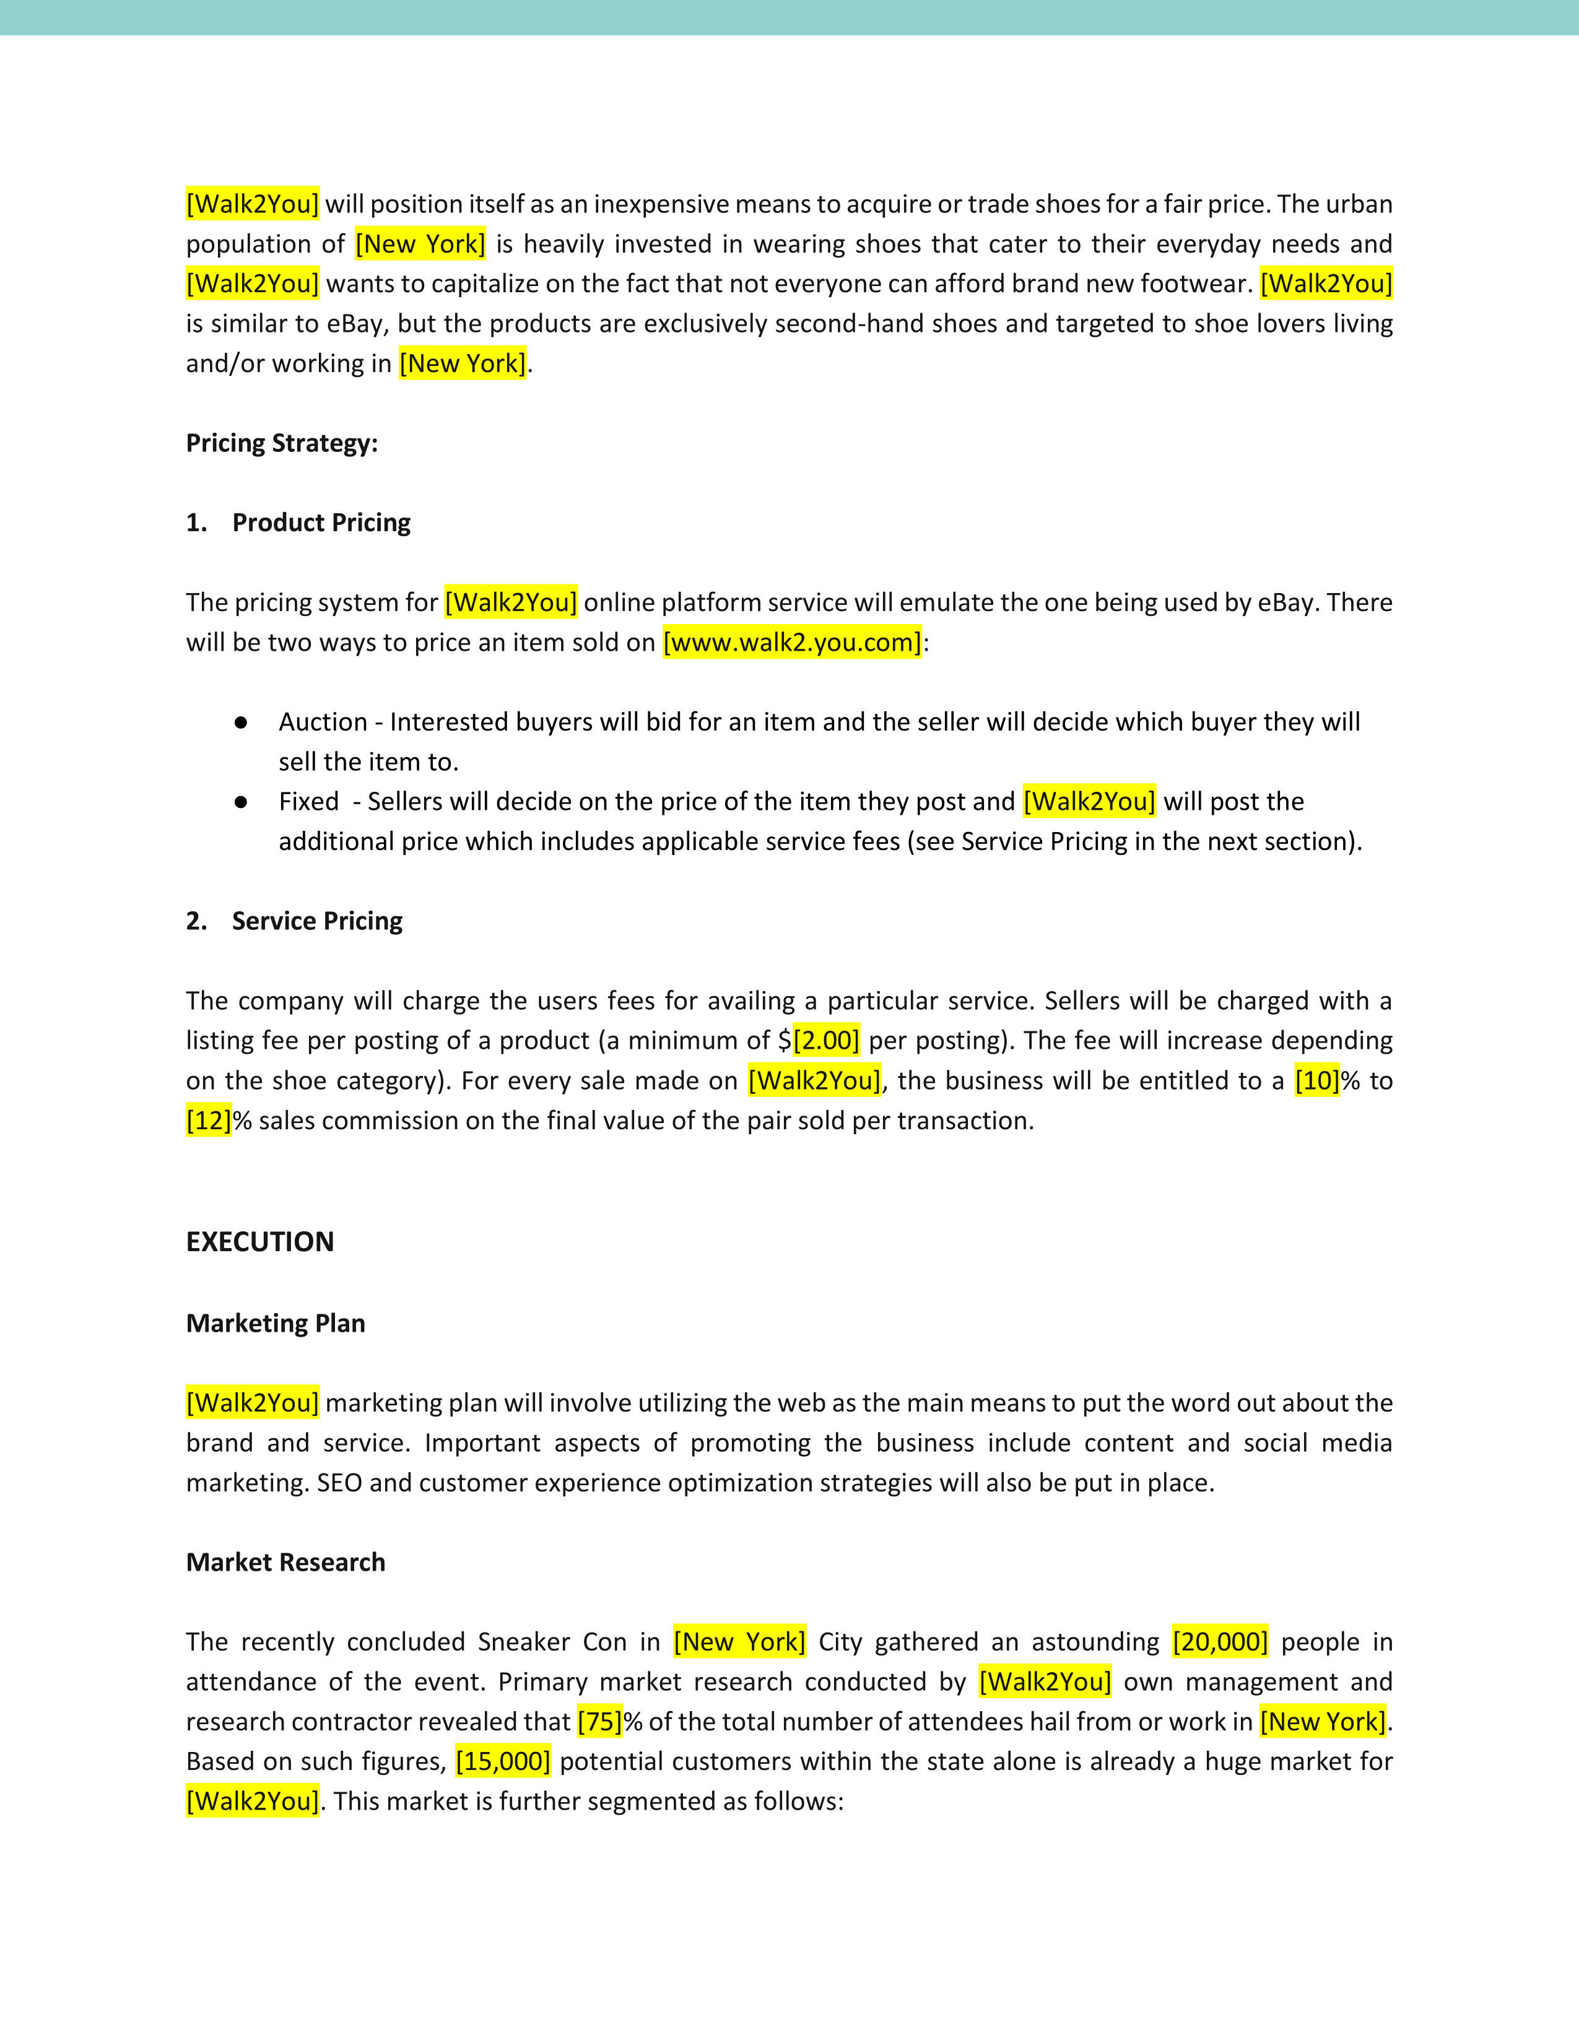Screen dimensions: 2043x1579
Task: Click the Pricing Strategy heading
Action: [x=282, y=443]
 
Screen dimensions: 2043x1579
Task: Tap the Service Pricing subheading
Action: [x=317, y=921]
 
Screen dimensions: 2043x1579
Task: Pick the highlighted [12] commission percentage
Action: [x=209, y=1121]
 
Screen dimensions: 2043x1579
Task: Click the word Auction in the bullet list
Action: [x=323, y=722]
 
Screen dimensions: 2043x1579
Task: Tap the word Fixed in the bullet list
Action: [x=309, y=802]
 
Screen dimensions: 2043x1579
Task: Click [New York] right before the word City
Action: [x=739, y=1642]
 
